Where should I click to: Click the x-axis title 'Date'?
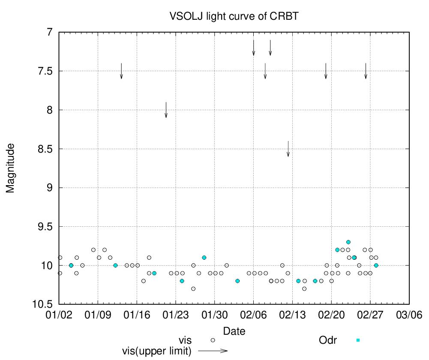point(234,331)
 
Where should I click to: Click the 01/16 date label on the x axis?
point(137,314)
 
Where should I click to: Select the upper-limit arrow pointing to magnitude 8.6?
point(288,149)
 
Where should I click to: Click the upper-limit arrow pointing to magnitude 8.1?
point(166,110)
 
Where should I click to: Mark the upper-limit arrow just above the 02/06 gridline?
point(254,48)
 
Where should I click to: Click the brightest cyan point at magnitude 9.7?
point(348,242)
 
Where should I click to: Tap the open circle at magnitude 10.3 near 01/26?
point(193,288)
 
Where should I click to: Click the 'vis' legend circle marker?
point(213,340)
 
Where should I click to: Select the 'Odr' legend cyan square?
point(358,340)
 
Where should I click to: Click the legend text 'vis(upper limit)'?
point(156,351)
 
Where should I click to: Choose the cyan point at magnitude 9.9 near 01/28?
point(204,258)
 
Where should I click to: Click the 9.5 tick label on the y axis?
point(45,226)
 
